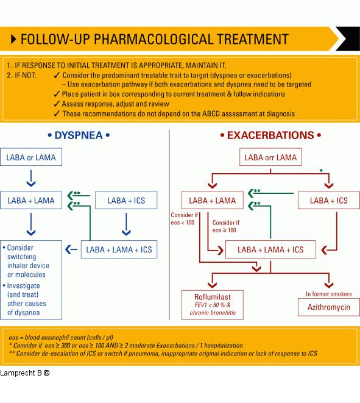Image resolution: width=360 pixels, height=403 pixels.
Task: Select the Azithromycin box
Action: (x=328, y=307)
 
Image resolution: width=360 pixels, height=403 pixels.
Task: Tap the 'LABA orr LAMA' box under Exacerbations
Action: (x=270, y=158)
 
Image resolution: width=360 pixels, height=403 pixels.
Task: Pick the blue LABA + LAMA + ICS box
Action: (x=119, y=249)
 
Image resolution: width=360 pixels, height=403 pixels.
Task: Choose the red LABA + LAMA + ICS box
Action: (x=270, y=249)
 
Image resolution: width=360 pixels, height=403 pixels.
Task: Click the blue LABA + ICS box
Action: (x=126, y=200)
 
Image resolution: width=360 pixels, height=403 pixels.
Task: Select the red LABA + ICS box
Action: (x=328, y=200)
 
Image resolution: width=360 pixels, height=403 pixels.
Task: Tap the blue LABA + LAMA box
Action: (x=31, y=200)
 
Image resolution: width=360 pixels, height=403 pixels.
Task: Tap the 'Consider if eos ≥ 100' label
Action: (x=224, y=226)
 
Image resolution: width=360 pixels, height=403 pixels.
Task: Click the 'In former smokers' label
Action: (x=328, y=294)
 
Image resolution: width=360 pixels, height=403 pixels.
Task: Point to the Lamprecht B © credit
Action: (x=24, y=372)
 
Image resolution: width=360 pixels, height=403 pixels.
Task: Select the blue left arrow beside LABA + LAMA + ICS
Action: (x=71, y=249)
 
